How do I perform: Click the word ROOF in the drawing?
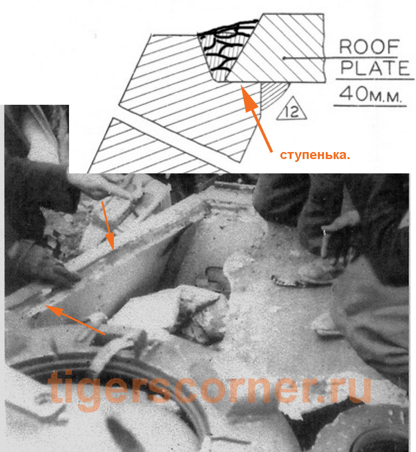(369, 47)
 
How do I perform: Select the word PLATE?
(375, 68)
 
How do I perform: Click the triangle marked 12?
(291, 108)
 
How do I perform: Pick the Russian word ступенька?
(315, 155)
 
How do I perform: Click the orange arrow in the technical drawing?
(256, 118)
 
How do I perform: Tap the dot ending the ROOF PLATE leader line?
(284, 58)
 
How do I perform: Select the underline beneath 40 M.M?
(370, 106)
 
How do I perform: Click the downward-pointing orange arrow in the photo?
(108, 225)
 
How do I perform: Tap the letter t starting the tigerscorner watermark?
(55, 388)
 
